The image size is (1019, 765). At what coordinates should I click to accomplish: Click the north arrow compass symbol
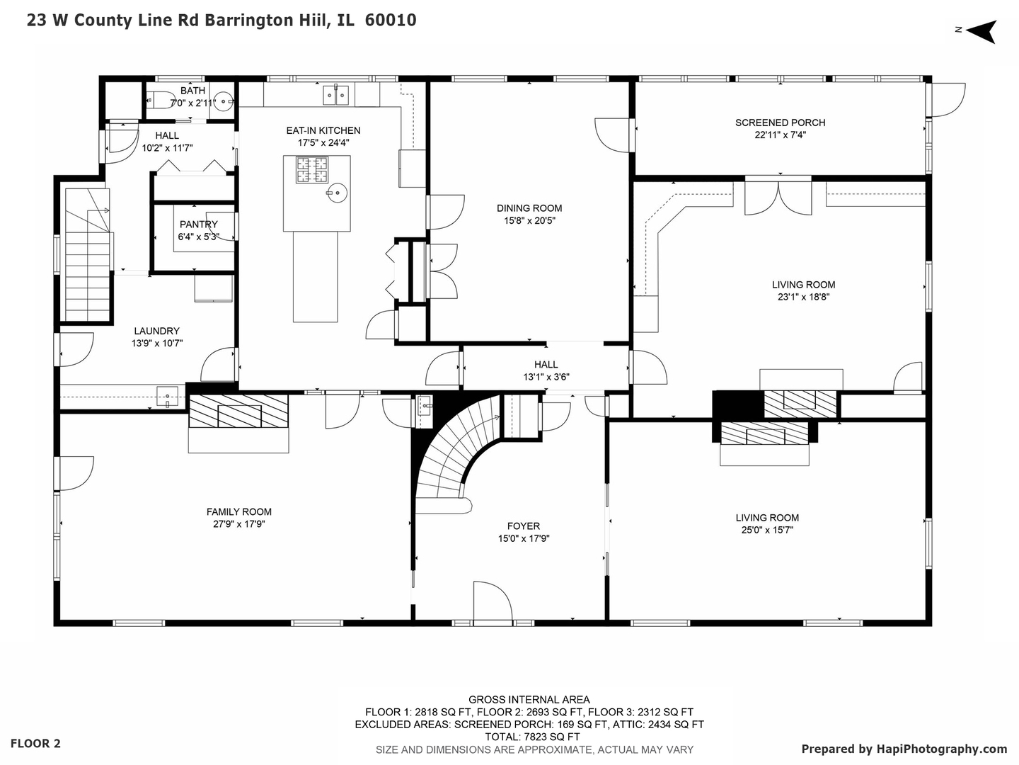click(980, 31)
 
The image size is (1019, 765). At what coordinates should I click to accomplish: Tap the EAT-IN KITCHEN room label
click(323, 130)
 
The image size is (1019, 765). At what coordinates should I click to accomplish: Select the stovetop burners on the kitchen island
click(312, 170)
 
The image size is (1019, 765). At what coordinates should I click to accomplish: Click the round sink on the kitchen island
click(338, 191)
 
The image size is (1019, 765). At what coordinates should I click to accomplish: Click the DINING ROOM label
click(529, 208)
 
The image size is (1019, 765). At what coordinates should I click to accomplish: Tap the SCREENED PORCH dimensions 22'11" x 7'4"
click(780, 135)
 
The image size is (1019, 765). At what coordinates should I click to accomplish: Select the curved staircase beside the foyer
click(453, 453)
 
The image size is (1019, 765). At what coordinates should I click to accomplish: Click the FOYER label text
click(524, 526)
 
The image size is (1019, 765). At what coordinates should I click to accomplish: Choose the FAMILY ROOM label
click(239, 512)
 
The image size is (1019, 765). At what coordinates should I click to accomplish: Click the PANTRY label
click(199, 225)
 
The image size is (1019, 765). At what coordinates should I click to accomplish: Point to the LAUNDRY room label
click(157, 331)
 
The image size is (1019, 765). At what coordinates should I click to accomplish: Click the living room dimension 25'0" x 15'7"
click(767, 530)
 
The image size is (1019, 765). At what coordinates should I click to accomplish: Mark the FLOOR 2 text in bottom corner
click(35, 744)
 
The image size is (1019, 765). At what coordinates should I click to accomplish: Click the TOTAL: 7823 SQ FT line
click(529, 737)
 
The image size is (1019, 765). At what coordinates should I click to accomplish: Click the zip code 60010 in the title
click(391, 21)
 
